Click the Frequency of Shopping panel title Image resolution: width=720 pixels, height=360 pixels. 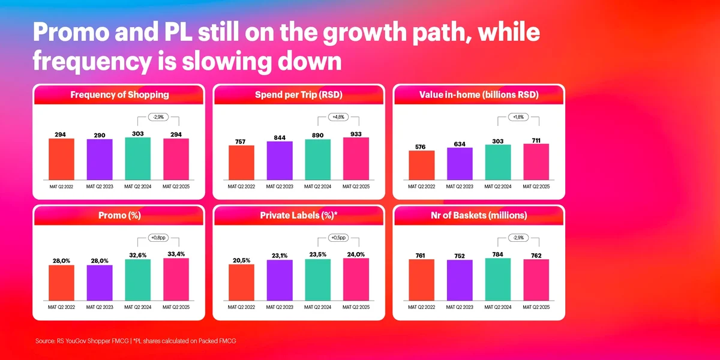(119, 95)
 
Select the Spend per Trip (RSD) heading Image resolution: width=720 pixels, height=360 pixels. (299, 95)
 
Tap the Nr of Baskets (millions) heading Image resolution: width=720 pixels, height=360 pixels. (478, 215)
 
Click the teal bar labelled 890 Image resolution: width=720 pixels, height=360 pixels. (318, 159)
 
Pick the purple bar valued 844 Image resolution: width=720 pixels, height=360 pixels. (280, 160)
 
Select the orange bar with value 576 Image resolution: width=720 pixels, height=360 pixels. (421, 165)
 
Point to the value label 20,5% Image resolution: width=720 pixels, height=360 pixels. (241, 260)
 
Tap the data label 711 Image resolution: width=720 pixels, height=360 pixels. (536, 140)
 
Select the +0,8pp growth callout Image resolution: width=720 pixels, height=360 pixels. (157, 238)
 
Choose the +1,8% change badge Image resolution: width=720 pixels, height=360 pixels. (517, 117)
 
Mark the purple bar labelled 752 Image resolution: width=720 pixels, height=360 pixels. (460, 280)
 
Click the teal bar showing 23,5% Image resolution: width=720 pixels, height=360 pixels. (318, 280)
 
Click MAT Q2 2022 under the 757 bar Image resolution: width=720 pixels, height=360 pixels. (241, 187)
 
